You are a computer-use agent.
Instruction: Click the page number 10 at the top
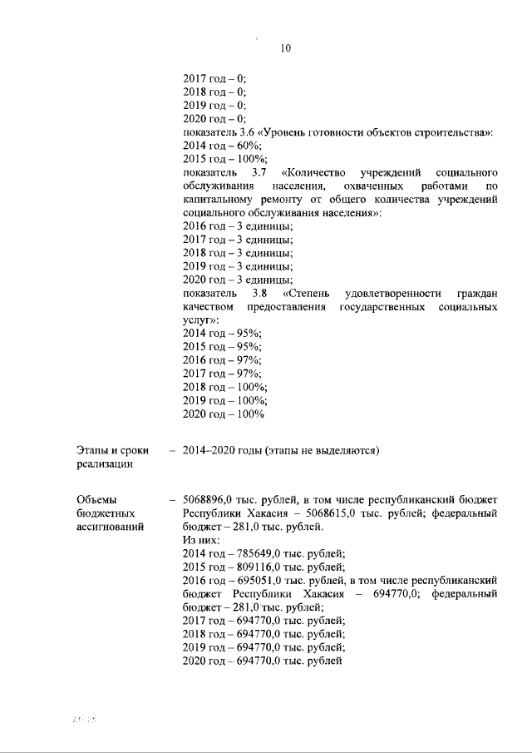click(x=284, y=48)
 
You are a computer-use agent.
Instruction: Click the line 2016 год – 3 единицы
click(x=237, y=226)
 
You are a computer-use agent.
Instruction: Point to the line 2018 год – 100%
click(x=224, y=387)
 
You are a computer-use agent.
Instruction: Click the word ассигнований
click(x=109, y=527)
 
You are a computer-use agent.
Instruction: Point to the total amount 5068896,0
click(x=212, y=500)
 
